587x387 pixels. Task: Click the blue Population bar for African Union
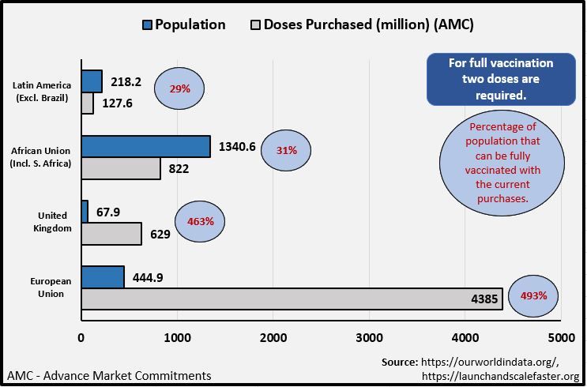[145, 146]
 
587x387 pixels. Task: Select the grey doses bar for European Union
[292, 299]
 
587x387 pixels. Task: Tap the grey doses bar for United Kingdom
[111, 234]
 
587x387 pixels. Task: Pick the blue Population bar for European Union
[103, 276]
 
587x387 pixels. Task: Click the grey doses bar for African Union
[121, 168]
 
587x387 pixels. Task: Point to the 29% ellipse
[179, 88]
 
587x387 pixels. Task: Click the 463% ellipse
[200, 220]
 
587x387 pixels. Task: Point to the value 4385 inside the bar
[484, 299]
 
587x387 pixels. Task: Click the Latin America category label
[42, 92]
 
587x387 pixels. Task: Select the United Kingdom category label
[55, 221]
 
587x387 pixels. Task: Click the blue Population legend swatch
[146, 24]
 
